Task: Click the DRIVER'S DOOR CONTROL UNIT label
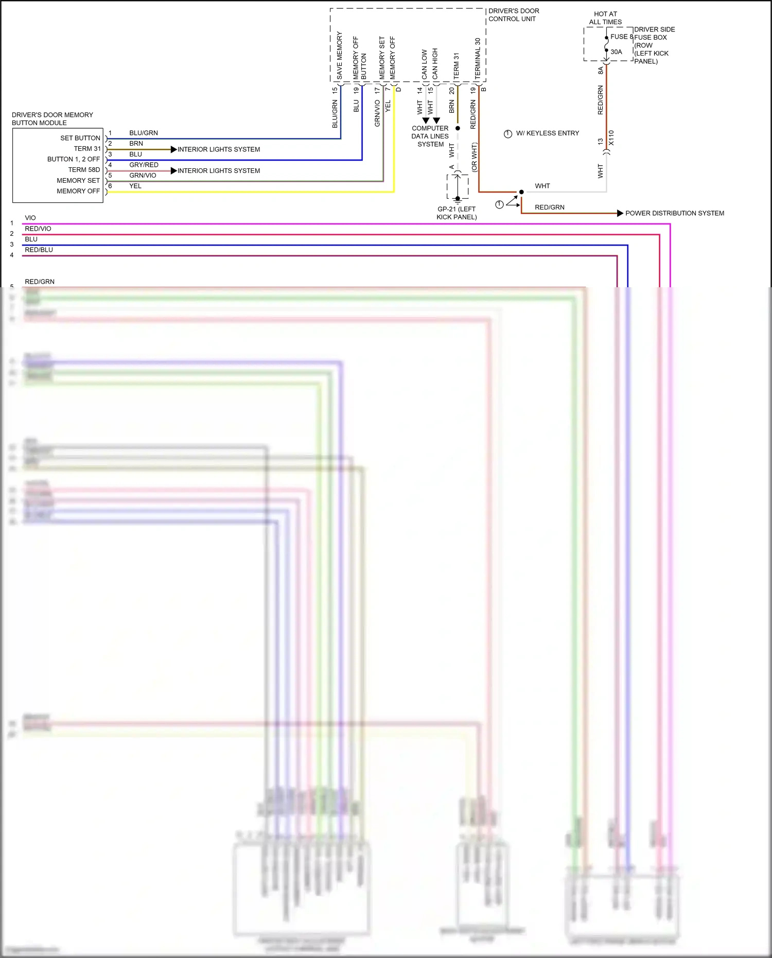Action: click(514, 15)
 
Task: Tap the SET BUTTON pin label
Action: click(80, 138)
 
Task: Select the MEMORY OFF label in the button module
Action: click(78, 191)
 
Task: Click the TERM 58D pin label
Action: click(84, 170)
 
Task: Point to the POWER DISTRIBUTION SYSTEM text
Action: click(674, 213)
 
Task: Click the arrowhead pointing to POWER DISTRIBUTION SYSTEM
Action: click(620, 213)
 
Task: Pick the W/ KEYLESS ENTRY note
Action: click(547, 133)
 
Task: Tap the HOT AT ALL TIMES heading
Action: click(605, 18)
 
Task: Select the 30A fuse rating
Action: click(616, 52)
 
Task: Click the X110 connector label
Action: click(611, 138)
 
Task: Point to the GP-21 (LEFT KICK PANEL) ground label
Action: click(457, 213)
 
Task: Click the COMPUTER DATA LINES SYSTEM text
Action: click(430, 136)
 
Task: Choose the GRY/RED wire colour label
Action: click(144, 165)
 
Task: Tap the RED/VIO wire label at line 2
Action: click(38, 229)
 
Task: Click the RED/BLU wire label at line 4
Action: click(39, 250)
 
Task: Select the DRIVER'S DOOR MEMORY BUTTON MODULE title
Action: click(52, 119)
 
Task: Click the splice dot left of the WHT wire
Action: click(521, 192)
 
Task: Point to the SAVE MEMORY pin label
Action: click(339, 56)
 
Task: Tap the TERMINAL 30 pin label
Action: click(478, 58)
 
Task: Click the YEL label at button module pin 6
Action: click(135, 186)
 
